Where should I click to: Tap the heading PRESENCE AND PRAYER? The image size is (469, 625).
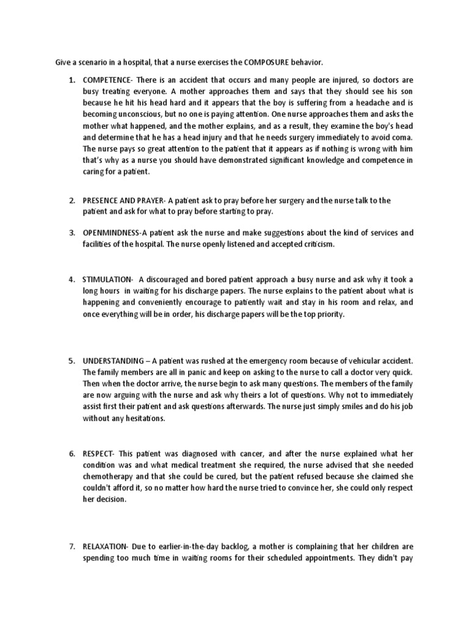(x=124, y=201)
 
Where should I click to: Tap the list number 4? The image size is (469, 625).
(x=71, y=280)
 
